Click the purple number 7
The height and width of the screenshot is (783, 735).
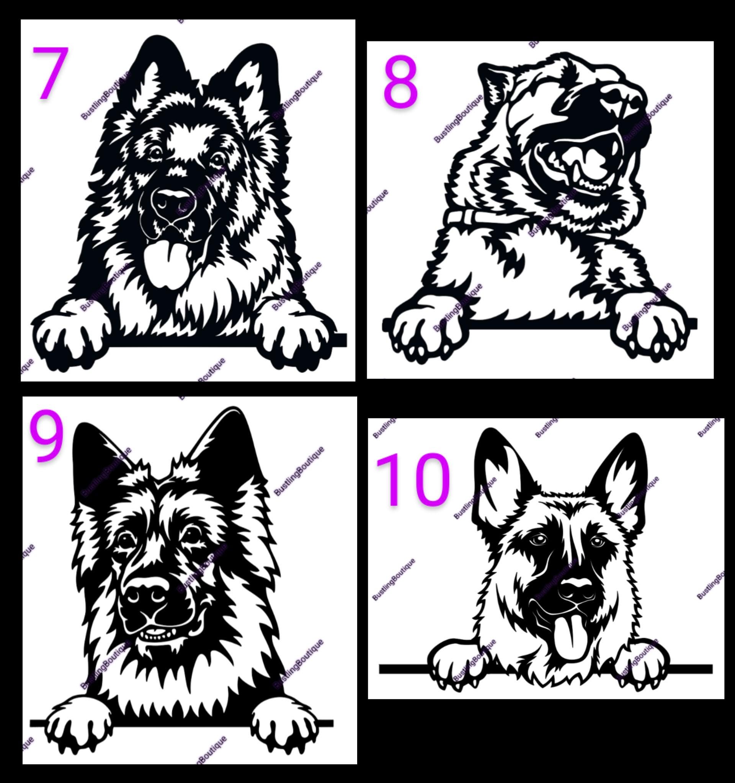51,73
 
